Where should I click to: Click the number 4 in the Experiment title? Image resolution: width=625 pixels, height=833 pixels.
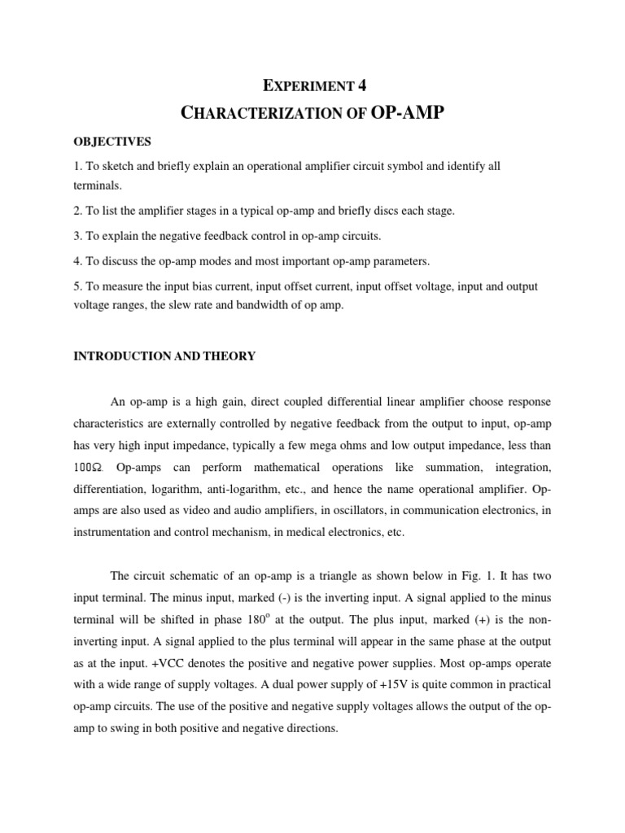[x=374, y=83]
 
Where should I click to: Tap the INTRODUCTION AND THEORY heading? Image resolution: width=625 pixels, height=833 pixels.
[x=164, y=355]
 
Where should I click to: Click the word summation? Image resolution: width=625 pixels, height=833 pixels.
[x=452, y=469]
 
